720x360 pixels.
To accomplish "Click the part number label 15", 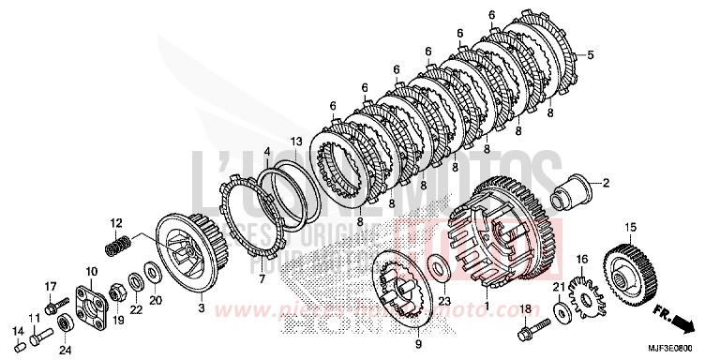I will click(x=630, y=227).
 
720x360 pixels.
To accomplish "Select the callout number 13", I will click(x=295, y=142).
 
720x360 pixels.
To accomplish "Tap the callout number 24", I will click(x=65, y=352).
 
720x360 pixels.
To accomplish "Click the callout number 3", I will click(x=201, y=307).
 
